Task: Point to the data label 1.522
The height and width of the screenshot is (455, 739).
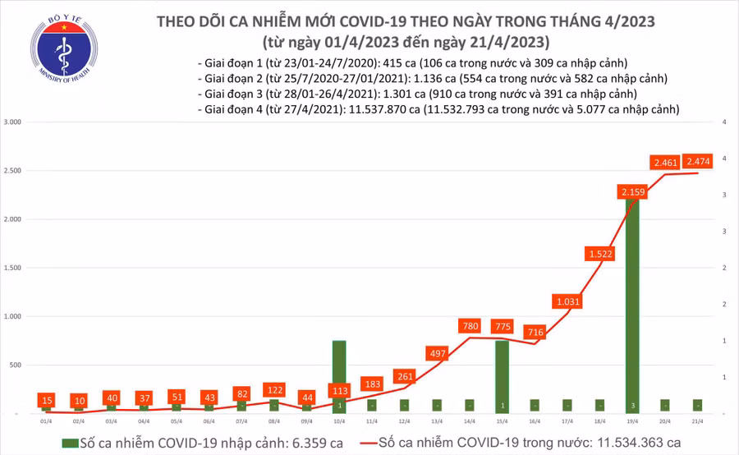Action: [599, 254]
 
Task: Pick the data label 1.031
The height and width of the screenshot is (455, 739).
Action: [567, 302]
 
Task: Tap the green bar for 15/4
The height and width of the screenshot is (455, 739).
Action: [502, 374]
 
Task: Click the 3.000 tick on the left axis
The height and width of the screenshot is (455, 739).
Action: [12, 122]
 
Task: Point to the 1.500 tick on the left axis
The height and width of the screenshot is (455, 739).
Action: [12, 268]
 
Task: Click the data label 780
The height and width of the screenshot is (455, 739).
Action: [470, 327]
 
